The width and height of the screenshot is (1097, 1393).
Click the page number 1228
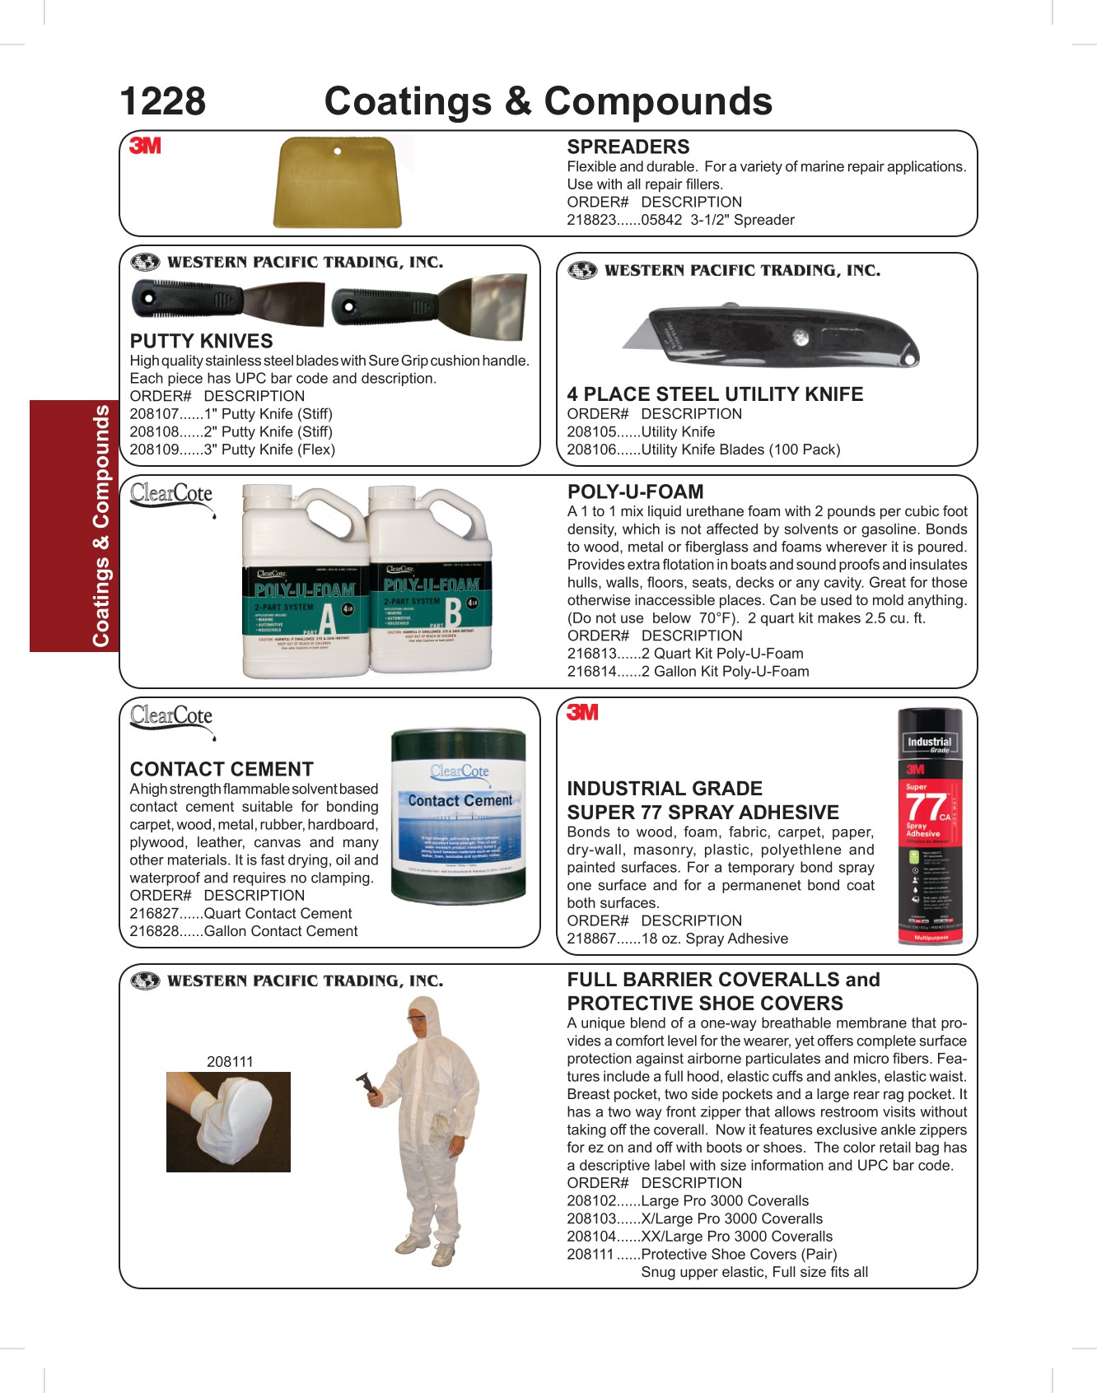coord(162,102)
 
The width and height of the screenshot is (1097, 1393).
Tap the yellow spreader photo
coord(338,182)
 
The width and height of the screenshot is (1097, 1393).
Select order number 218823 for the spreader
coord(591,220)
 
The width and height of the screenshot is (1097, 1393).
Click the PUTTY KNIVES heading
coord(201,341)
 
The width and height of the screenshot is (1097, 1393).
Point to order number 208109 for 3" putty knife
coord(154,450)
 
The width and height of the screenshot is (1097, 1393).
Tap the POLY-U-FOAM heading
coord(635,492)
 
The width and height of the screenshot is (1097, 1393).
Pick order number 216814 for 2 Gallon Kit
coord(591,671)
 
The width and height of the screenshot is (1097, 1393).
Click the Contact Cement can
coord(458,816)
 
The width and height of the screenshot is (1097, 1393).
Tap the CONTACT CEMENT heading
coord(222,769)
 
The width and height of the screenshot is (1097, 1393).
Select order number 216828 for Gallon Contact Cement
coord(154,931)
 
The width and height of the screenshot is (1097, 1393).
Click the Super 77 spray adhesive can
coord(930,826)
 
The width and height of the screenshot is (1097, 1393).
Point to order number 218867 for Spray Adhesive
coord(591,939)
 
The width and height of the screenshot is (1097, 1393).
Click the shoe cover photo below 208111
coord(228,1121)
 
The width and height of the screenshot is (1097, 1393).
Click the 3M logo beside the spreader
coord(145,146)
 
